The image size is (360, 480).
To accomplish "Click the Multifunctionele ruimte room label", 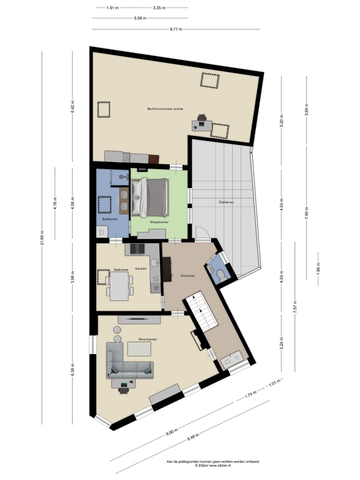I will [164, 108].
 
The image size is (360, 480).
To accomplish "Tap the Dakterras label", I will [226, 202].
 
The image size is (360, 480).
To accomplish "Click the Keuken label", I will [141, 268].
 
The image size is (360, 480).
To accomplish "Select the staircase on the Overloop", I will [202, 312].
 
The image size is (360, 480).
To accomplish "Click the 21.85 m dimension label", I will [42, 238].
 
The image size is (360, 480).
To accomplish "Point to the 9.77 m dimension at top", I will [176, 29].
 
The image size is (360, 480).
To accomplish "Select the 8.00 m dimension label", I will [171, 431].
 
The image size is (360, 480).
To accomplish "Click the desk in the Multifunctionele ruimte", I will [202, 124].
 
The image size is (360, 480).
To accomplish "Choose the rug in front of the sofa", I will [139, 348].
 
